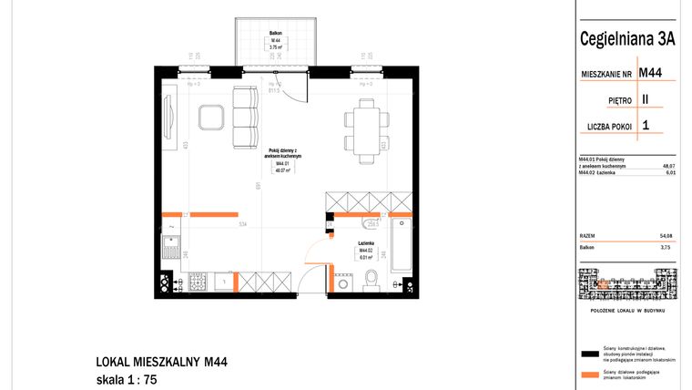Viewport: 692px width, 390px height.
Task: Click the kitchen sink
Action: point(170,244)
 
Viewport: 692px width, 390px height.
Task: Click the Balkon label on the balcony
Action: point(274,33)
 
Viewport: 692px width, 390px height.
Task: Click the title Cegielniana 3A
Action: point(626,38)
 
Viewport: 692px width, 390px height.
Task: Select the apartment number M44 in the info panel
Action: point(650,72)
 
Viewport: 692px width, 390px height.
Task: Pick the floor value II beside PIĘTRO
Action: point(645,98)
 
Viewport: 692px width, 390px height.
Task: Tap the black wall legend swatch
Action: point(587,352)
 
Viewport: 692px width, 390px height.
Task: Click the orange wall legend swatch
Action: point(587,374)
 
